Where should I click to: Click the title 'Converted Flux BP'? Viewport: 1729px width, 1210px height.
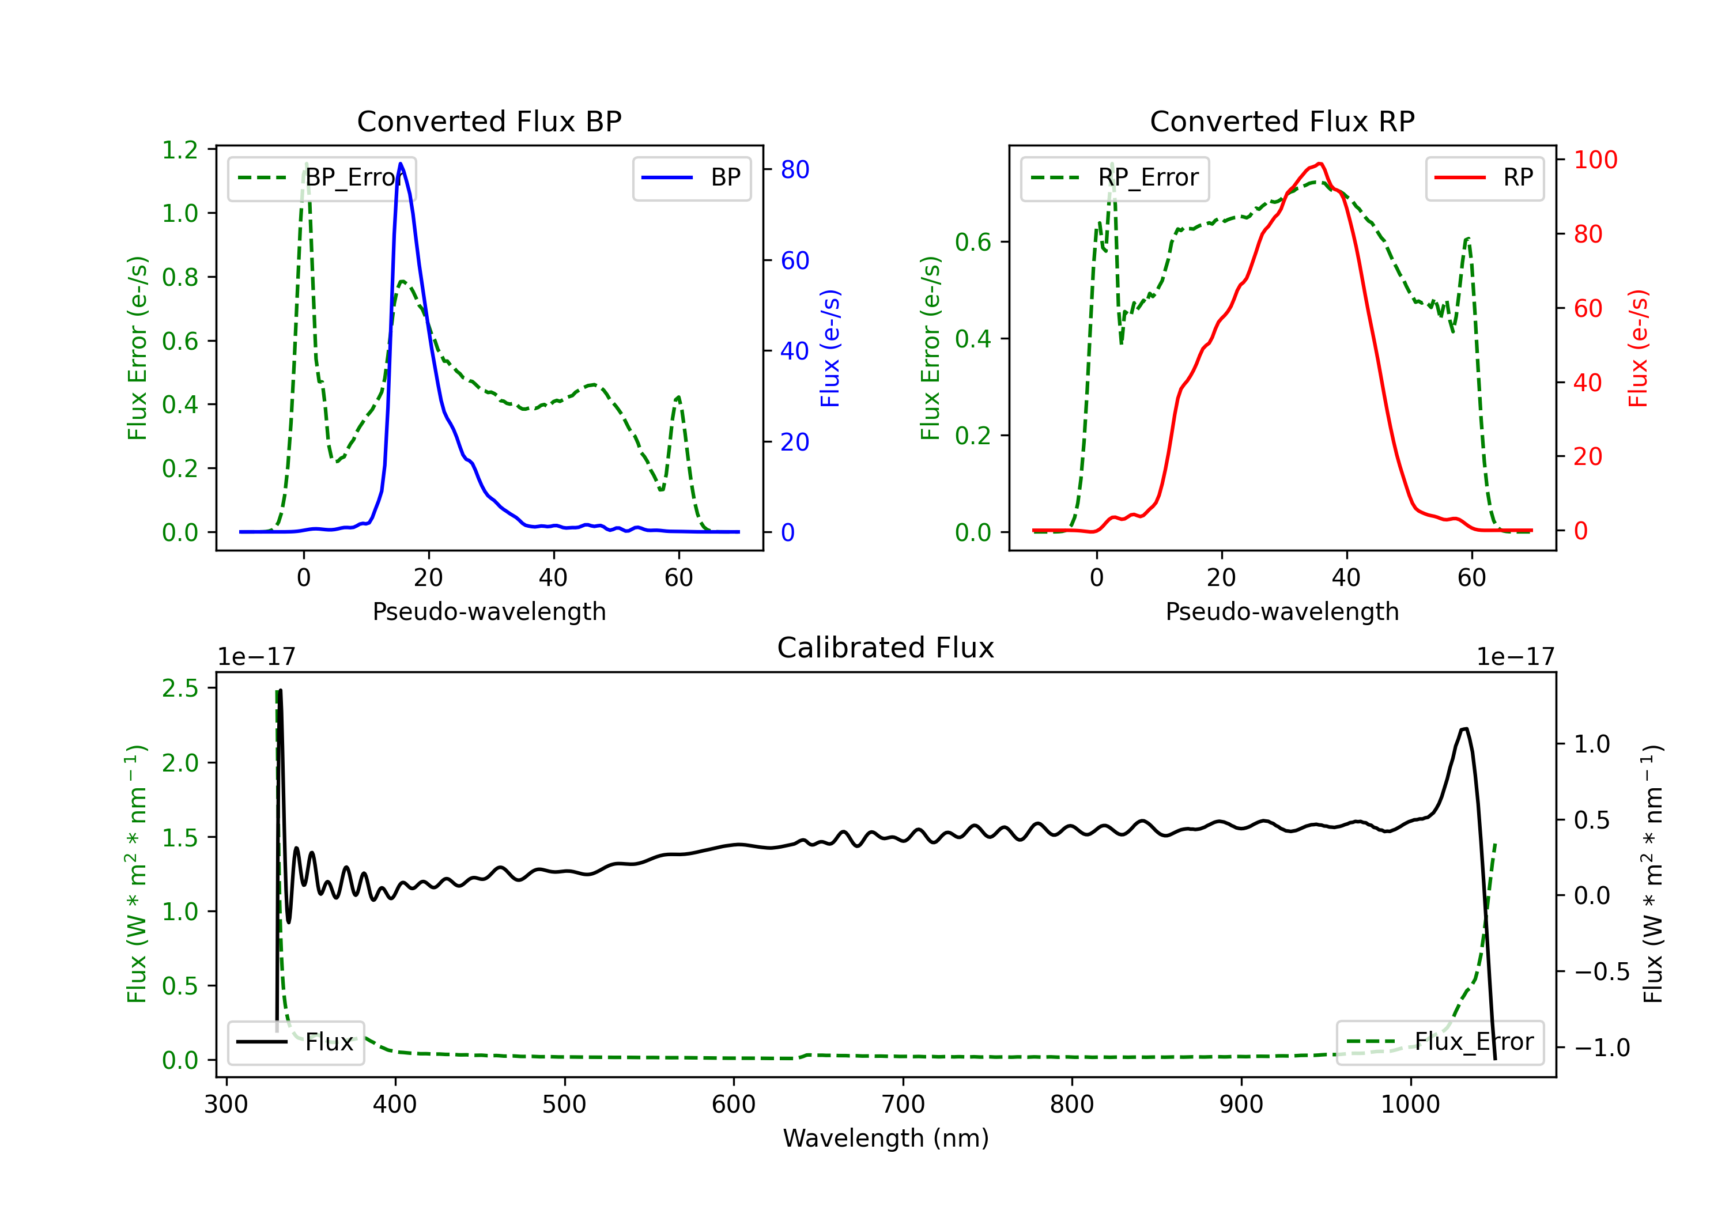click(x=489, y=121)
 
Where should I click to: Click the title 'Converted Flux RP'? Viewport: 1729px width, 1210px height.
click(x=1282, y=121)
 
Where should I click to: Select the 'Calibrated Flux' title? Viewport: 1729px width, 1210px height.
click(x=886, y=648)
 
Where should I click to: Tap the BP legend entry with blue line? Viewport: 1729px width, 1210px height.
click(x=691, y=177)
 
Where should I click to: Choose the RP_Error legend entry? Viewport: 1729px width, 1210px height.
click(x=1115, y=177)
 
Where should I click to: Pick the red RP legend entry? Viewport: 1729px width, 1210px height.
click(x=1484, y=177)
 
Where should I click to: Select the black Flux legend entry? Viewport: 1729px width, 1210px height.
click(x=296, y=1042)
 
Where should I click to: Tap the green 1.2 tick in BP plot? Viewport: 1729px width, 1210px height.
click(x=180, y=150)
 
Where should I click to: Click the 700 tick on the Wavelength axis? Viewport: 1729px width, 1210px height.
click(x=903, y=1104)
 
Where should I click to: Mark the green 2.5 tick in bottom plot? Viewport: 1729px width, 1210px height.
click(x=180, y=688)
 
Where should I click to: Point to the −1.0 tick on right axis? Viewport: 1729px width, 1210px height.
click(x=1601, y=1048)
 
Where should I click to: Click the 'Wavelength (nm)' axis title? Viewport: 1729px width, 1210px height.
click(x=886, y=1138)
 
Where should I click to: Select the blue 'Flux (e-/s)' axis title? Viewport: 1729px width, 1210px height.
click(x=830, y=349)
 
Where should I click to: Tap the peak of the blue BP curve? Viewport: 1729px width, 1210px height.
click(x=401, y=164)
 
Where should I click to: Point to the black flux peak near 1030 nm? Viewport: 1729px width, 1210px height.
click(x=1464, y=728)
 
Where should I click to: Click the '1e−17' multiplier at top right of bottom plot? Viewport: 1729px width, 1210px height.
click(x=1515, y=657)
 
